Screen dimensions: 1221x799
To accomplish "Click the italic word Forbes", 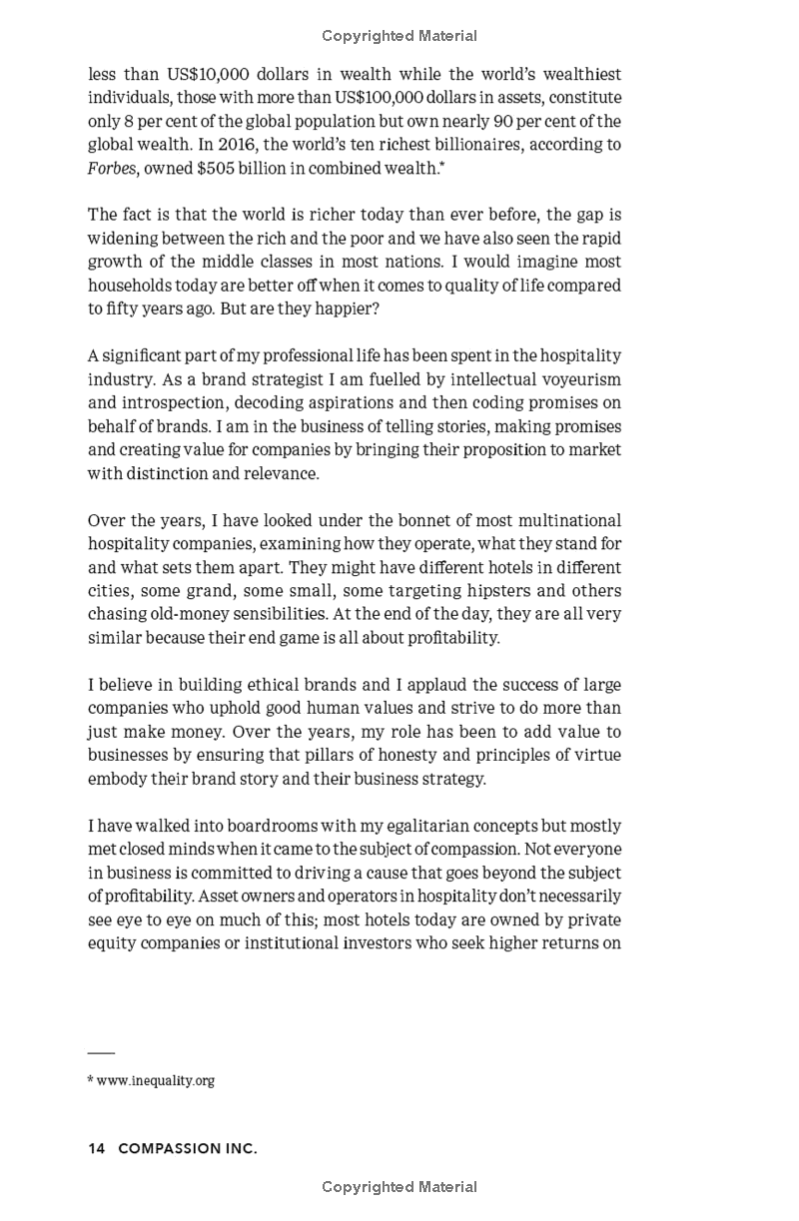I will tap(112, 168).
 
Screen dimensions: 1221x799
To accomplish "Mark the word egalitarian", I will tap(392, 826).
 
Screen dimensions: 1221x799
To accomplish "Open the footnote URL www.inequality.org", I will tap(155, 1080).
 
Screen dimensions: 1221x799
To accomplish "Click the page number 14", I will tap(97, 1149).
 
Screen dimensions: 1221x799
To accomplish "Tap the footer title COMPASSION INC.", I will tap(188, 1149).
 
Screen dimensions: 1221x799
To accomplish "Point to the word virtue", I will tap(596, 755).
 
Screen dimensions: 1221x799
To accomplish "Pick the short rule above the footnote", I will tap(101, 1053).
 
